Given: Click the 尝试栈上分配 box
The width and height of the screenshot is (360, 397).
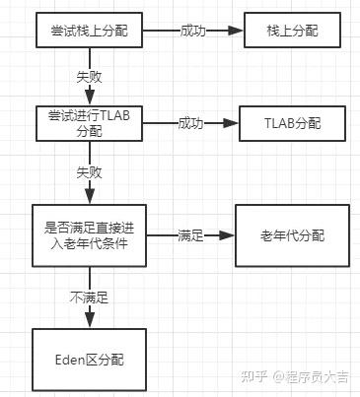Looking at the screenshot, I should click(x=91, y=33).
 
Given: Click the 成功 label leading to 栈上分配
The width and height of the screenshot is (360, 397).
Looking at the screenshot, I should click(x=193, y=32).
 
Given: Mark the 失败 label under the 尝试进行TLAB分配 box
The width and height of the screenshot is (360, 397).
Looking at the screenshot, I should click(x=91, y=170).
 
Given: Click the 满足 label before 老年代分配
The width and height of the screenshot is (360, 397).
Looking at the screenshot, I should click(x=190, y=235).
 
